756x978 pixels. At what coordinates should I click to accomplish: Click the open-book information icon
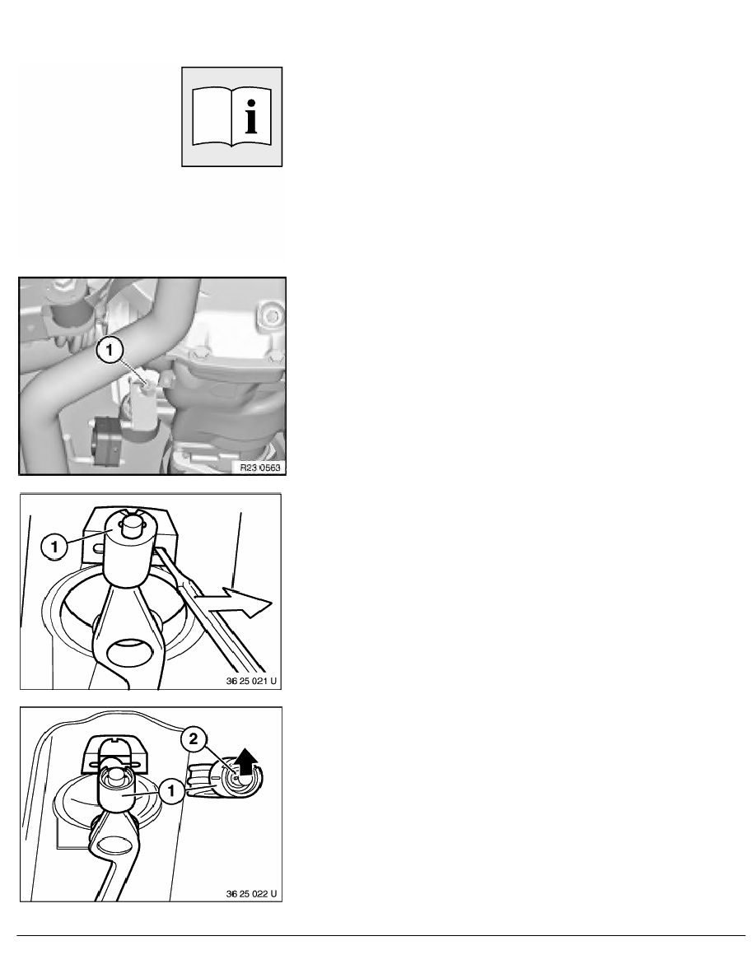tap(232, 117)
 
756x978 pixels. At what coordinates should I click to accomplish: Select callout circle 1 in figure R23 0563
tap(110, 351)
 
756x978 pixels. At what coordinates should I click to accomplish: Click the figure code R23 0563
tap(260, 467)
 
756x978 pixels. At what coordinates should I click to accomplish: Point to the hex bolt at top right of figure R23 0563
tap(272, 315)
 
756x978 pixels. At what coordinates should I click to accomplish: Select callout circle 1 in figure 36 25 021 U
tap(54, 547)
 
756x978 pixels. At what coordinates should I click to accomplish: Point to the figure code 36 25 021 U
tap(250, 681)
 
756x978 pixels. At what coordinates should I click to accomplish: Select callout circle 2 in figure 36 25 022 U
tap(193, 739)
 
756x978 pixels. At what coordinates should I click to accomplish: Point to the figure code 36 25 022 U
tap(250, 894)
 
